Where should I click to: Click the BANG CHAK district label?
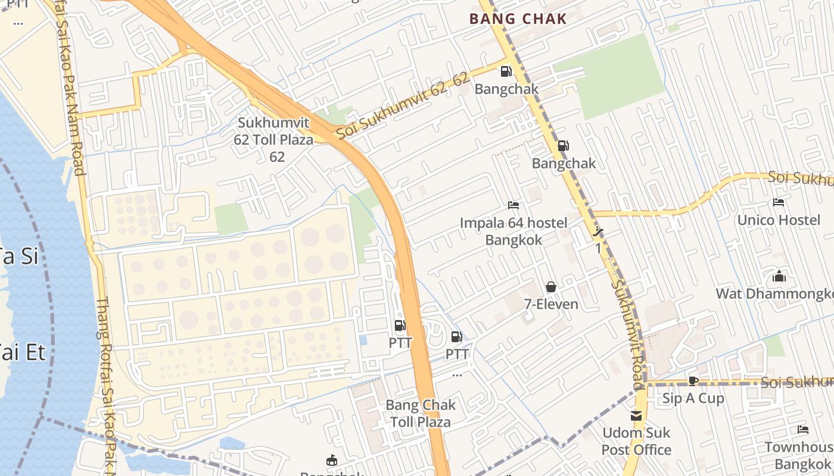[x=518, y=18]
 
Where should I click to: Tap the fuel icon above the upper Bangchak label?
[x=506, y=71]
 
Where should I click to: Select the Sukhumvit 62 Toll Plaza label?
[x=275, y=140]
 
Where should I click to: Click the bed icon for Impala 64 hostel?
[x=514, y=206]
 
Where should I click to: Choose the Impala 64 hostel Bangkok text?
[x=513, y=231]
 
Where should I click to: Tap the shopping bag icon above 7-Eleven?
[x=551, y=287]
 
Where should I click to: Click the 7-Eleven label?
[x=551, y=304]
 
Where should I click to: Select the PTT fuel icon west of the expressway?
[x=400, y=325]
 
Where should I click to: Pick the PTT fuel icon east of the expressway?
[x=457, y=337]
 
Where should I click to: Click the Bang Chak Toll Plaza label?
[x=420, y=414]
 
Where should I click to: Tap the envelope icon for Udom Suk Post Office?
[x=636, y=415]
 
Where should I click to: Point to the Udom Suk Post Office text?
[x=636, y=441]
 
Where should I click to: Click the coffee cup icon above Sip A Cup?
[x=693, y=381]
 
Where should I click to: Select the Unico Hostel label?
[x=779, y=220]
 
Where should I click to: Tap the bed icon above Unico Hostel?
[x=778, y=202]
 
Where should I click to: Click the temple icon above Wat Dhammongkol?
[x=779, y=276]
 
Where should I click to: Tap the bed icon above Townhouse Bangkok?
[x=802, y=430]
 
